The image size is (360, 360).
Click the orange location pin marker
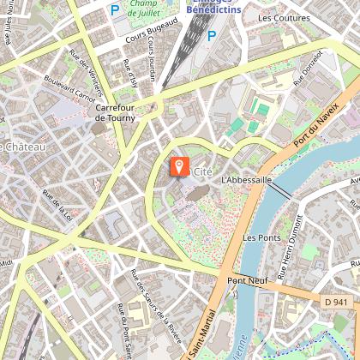point(179,165)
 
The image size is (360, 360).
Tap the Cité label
point(203,171)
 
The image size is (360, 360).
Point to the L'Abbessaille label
point(246,180)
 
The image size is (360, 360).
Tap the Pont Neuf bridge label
point(244,280)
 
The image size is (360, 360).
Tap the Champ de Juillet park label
point(148,9)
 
